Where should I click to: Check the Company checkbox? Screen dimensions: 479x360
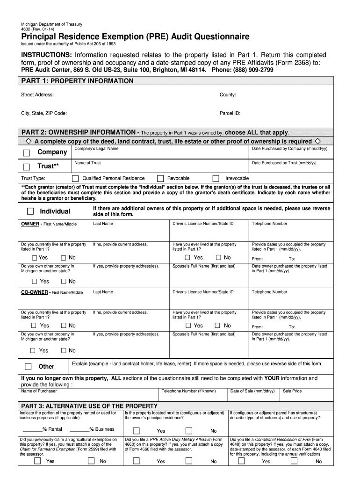(x=27, y=152)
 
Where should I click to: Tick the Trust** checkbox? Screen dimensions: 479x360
(x=27, y=167)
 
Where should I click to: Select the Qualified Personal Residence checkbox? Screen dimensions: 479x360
(x=75, y=178)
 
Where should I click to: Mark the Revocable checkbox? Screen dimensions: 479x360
(x=160, y=178)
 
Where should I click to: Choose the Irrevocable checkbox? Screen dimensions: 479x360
(x=216, y=178)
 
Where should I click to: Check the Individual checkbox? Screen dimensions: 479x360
(x=30, y=211)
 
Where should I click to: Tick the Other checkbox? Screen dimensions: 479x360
(x=29, y=366)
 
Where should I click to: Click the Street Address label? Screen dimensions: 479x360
(x=37, y=95)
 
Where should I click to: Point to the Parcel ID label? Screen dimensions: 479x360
(x=230, y=113)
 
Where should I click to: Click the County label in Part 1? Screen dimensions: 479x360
(x=228, y=95)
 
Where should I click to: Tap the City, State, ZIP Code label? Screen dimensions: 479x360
(x=44, y=113)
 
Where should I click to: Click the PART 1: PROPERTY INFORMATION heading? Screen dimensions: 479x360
(x=78, y=81)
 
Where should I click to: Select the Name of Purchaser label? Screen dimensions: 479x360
(x=39, y=391)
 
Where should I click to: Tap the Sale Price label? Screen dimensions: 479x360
(x=292, y=391)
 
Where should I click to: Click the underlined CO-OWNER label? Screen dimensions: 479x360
(x=35, y=292)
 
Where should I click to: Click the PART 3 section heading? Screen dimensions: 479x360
(x=89, y=406)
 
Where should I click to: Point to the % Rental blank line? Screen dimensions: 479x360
(x=32, y=429)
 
